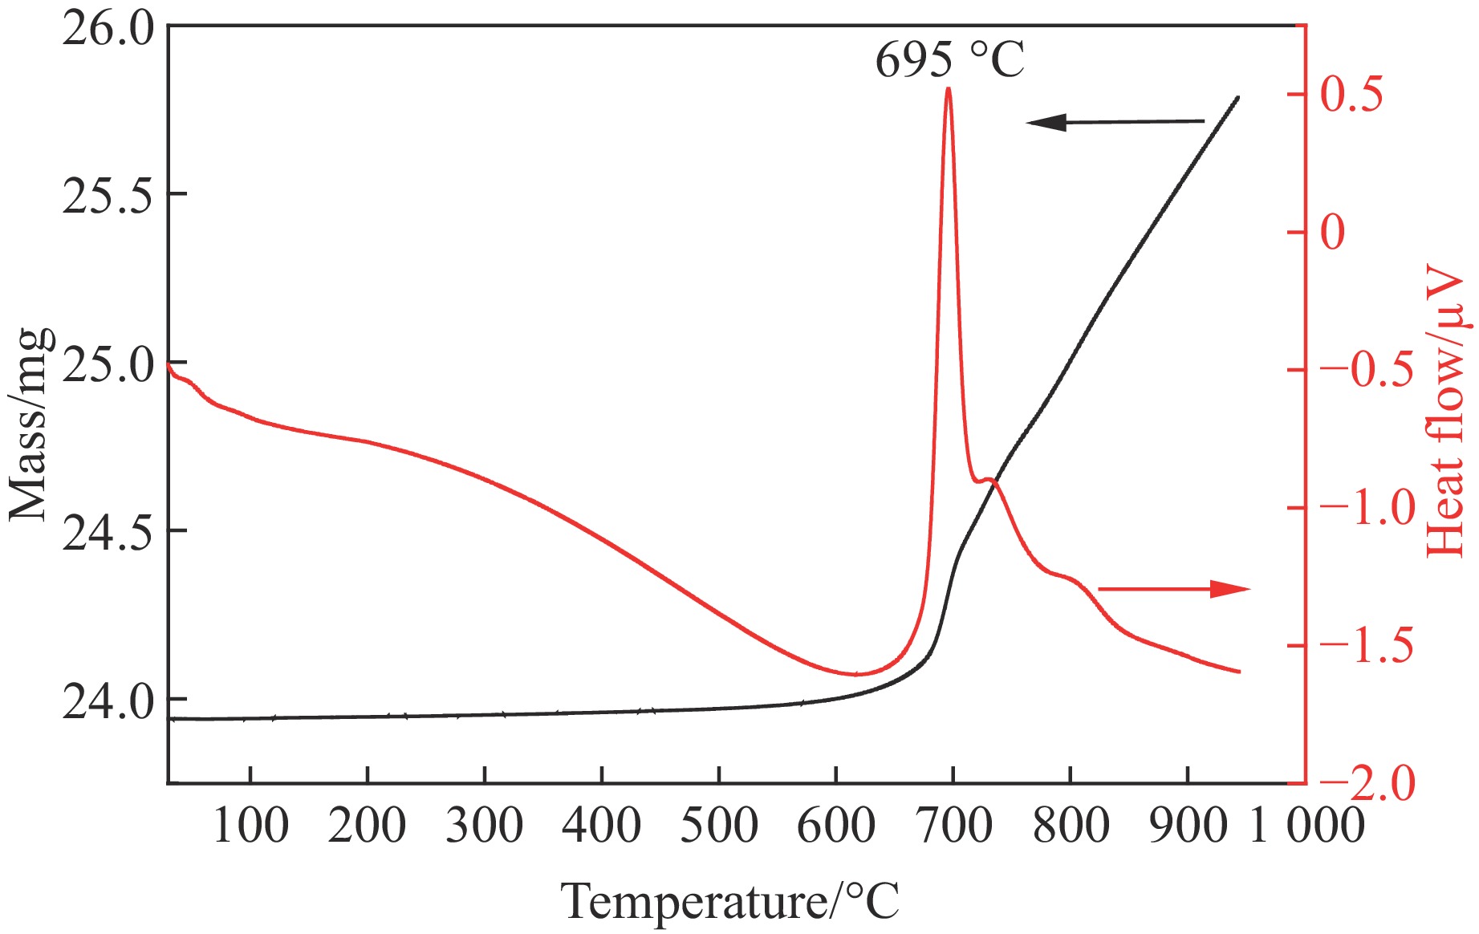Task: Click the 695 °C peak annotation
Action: point(949,59)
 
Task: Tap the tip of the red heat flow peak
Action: point(949,88)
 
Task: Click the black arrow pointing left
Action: point(1115,122)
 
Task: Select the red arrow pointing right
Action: point(1174,589)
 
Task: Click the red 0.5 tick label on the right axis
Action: point(1352,95)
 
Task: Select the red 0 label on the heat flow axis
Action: point(1332,233)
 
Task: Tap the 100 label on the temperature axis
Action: point(250,825)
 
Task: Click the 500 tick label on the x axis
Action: point(718,825)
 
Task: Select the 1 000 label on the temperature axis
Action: point(1306,825)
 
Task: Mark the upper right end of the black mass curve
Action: point(1238,98)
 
